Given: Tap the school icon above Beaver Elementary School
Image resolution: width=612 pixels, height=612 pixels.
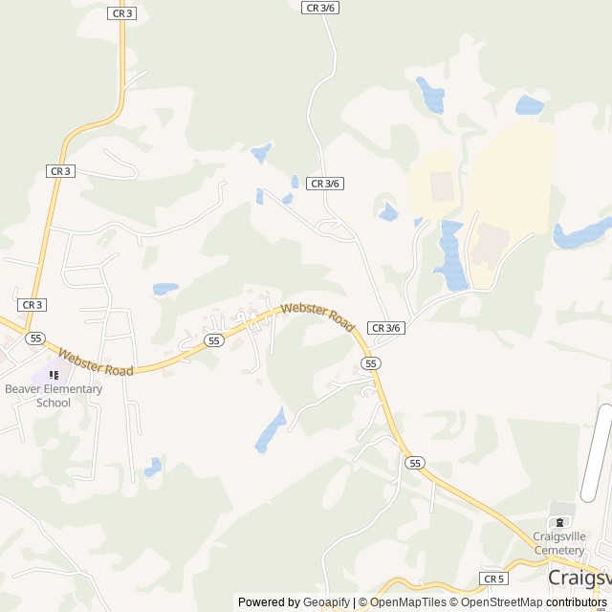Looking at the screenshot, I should click(54, 375).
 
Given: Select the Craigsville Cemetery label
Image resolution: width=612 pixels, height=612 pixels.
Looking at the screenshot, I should click(559, 543).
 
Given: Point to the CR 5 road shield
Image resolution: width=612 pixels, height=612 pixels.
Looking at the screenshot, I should click(493, 579).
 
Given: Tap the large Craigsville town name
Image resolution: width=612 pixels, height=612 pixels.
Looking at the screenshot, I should click(579, 578).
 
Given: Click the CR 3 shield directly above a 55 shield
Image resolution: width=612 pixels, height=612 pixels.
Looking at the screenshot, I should click(33, 304).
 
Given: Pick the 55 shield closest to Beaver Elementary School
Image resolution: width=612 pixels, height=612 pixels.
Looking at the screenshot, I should click(35, 338).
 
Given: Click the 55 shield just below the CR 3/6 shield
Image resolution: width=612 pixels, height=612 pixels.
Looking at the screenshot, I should click(371, 362).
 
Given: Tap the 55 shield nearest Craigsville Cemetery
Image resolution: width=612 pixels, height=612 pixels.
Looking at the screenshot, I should click(414, 463).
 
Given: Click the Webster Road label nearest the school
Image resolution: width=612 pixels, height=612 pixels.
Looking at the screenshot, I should click(95, 361).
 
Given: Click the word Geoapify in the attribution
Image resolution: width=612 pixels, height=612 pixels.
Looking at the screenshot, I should click(326, 602).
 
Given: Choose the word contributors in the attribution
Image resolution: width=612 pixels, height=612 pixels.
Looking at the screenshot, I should click(577, 602).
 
